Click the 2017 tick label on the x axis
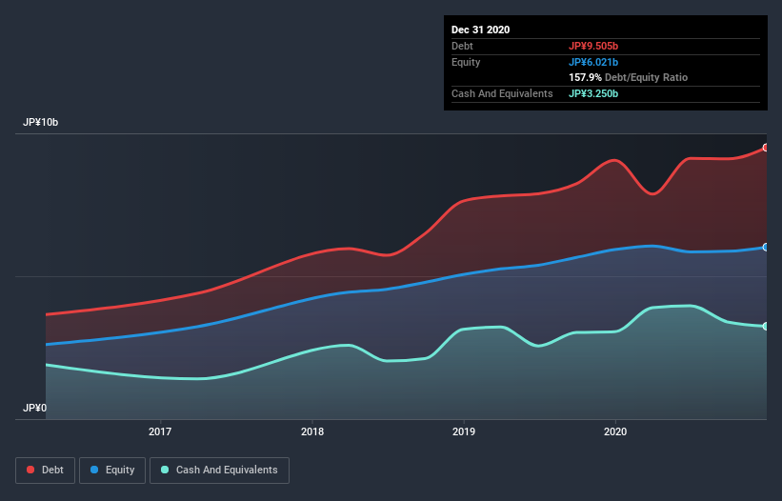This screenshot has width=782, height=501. click(160, 432)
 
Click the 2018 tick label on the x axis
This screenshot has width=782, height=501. click(311, 432)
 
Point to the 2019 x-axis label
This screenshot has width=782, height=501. click(464, 432)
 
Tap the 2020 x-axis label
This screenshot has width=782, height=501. click(615, 432)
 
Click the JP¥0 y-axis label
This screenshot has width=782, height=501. click(35, 408)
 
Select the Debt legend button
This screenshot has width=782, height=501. click(45, 470)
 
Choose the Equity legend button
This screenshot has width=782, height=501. click(112, 470)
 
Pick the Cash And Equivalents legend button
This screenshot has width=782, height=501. click(219, 470)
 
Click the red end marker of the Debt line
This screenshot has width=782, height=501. click(766, 148)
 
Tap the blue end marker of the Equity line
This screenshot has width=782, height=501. click(766, 247)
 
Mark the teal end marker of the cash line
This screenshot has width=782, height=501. click(766, 327)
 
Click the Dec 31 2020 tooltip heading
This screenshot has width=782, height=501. click(481, 30)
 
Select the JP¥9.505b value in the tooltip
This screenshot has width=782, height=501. click(594, 46)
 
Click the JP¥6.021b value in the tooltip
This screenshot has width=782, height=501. click(594, 62)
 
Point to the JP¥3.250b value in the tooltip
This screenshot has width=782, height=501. click(594, 93)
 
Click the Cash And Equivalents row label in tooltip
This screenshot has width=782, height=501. click(502, 93)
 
